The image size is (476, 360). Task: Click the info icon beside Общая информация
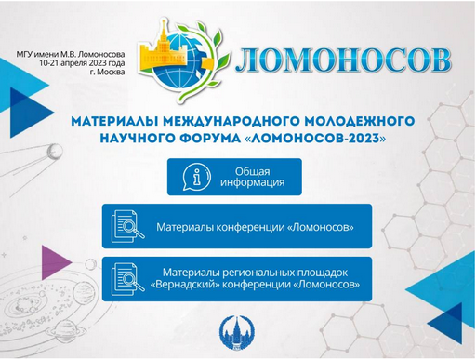194,177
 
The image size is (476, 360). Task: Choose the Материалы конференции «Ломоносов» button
237,226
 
